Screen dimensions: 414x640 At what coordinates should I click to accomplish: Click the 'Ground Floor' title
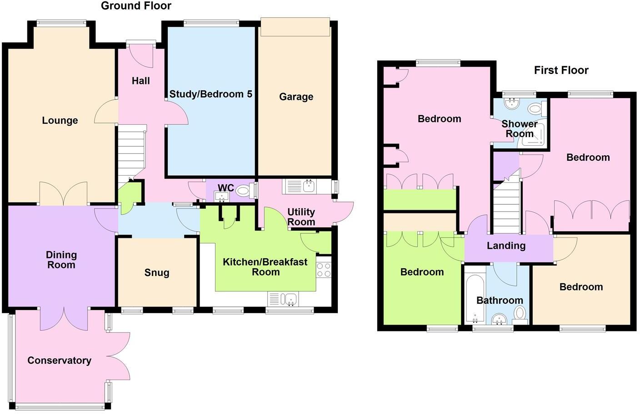pos(136,6)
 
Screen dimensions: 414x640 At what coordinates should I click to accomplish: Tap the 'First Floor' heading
pos(561,70)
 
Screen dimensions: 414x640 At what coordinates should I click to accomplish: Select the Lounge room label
pos(60,121)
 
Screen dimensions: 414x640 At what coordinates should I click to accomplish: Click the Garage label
pos(296,97)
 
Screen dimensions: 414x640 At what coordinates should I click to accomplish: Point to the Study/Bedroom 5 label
pos(210,94)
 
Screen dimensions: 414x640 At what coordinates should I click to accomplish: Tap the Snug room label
pos(156,273)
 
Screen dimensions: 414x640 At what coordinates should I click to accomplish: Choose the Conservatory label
pos(59,360)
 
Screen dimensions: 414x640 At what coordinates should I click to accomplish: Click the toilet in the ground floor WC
pos(244,191)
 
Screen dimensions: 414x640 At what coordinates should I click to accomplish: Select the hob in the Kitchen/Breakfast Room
pos(324,270)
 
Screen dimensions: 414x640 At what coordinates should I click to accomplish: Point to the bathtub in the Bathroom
pos(475,298)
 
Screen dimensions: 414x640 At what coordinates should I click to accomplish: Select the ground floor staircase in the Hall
pos(131,154)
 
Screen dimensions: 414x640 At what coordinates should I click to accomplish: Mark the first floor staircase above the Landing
pos(506,207)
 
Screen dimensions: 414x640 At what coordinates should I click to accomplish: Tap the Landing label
pos(506,246)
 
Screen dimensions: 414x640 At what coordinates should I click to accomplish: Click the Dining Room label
pos(61,260)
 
